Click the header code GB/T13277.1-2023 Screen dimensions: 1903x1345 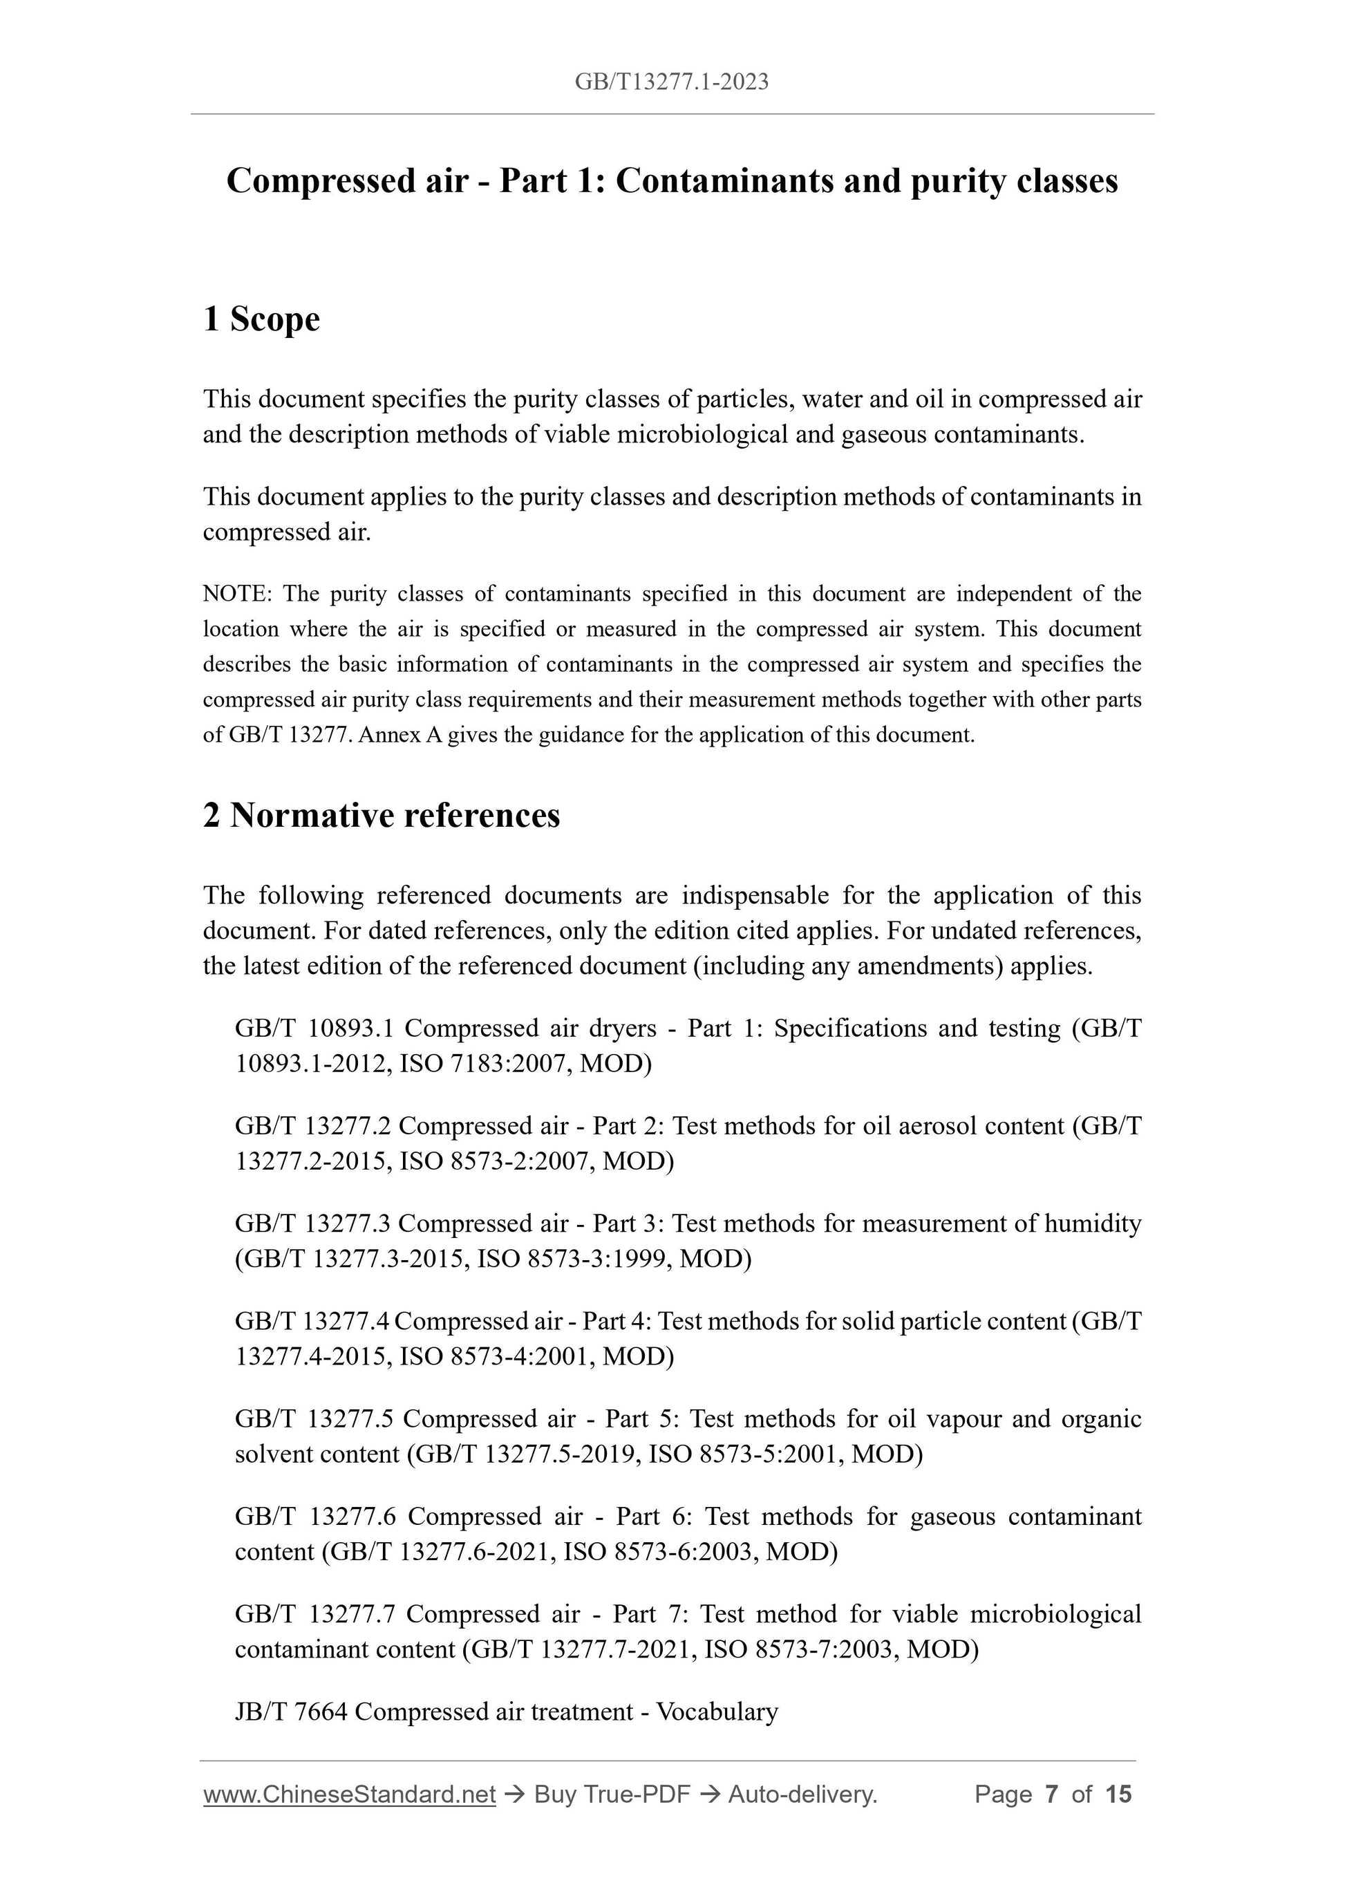[x=671, y=82]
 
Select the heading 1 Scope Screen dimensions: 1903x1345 [x=261, y=319]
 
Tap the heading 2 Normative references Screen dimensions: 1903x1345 [x=382, y=816]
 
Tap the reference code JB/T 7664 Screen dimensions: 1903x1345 [x=291, y=1712]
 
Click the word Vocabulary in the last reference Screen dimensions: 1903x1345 [x=717, y=1712]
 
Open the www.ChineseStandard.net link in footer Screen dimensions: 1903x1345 [x=349, y=1794]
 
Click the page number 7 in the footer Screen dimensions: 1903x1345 [x=1052, y=1794]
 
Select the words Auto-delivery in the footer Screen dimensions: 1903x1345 [x=802, y=1794]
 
